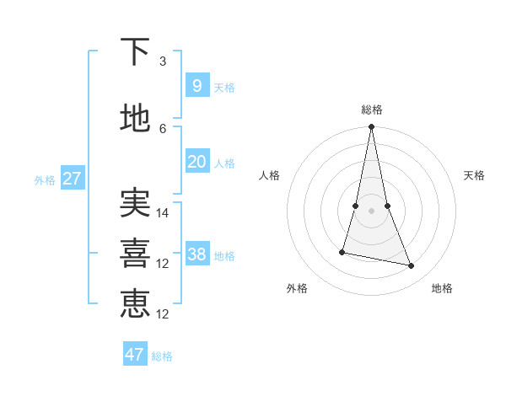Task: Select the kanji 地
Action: [135, 118]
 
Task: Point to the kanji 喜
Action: [135, 253]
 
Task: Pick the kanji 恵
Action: [135, 303]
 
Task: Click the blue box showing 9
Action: [196, 85]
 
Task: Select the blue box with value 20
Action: [196, 162]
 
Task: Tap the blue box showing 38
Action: [196, 254]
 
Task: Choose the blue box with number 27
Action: [72, 178]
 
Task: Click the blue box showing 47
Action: [134, 355]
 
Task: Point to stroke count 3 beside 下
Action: [163, 62]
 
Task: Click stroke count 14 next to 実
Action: [163, 213]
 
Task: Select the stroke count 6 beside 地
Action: [163, 128]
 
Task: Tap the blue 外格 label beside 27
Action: [44, 179]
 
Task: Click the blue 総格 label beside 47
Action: [162, 356]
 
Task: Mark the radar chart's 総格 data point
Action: [371, 127]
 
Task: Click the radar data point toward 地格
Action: [412, 266]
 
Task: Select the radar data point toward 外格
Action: [342, 252]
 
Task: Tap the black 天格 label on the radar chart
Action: [475, 175]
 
